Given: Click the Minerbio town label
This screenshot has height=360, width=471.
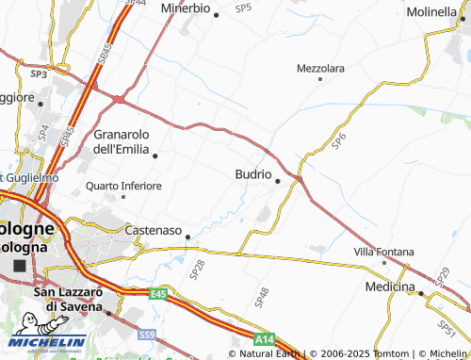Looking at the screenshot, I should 185,8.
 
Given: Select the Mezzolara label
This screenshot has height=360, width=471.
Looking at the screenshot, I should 320,69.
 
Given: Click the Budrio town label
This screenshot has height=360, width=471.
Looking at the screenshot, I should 252,174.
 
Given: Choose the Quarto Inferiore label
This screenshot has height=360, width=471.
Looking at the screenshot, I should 123,186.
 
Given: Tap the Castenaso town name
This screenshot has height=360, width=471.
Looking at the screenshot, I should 154,229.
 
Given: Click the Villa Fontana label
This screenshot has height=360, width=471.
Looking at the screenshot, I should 383,252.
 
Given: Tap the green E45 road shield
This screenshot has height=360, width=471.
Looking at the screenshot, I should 157,295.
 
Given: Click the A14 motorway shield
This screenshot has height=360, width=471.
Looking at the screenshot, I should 265,337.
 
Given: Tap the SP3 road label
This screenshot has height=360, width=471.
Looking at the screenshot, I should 39,73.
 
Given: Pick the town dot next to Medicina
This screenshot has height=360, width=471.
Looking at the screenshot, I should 419,293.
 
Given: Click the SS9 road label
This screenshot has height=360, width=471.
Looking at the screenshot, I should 146,334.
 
